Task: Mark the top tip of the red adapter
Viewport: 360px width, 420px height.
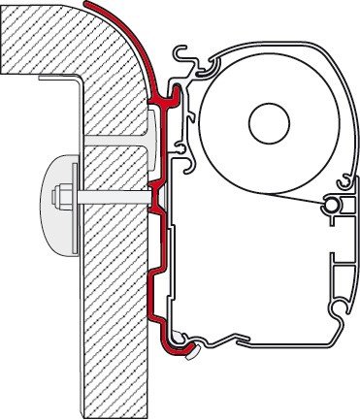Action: tap(88, 5)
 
